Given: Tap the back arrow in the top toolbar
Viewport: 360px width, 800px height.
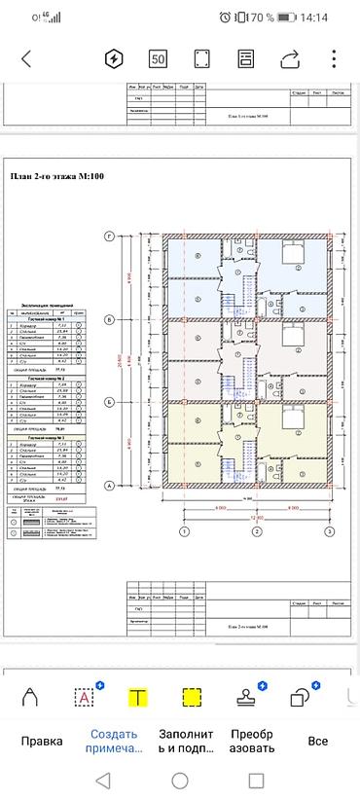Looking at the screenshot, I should [x=26, y=58].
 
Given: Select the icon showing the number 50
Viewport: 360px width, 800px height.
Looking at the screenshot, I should [x=158, y=58].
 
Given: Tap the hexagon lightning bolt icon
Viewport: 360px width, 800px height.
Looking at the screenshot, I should [x=114, y=58].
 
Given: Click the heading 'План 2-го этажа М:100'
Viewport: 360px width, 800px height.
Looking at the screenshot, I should [x=57, y=176].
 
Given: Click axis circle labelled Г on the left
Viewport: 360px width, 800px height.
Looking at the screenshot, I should [x=110, y=236].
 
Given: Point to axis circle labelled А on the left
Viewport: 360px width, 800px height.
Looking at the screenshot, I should [x=110, y=484].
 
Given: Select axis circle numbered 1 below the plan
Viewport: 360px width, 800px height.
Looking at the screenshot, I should [x=182, y=532].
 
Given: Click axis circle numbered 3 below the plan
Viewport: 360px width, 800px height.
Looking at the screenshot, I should [x=330, y=532].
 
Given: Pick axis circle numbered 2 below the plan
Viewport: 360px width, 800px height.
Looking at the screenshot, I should [x=256, y=532].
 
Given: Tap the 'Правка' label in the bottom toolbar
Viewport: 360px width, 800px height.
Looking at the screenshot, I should [x=29, y=741].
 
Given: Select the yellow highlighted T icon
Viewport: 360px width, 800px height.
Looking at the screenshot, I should [x=139, y=697].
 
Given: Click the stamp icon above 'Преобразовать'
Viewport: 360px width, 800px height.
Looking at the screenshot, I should [x=246, y=697].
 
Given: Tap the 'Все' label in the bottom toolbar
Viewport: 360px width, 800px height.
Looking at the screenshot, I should [x=316, y=741].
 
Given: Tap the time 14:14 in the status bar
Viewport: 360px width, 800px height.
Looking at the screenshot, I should [x=314, y=18].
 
